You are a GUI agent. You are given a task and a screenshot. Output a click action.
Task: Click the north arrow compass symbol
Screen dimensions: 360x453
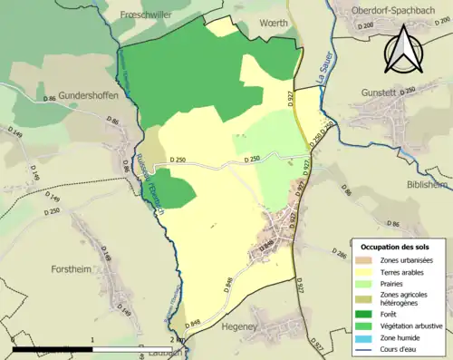pos(406,50)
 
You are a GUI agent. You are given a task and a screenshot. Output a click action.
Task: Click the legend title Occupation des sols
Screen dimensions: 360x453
pos(395,247)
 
